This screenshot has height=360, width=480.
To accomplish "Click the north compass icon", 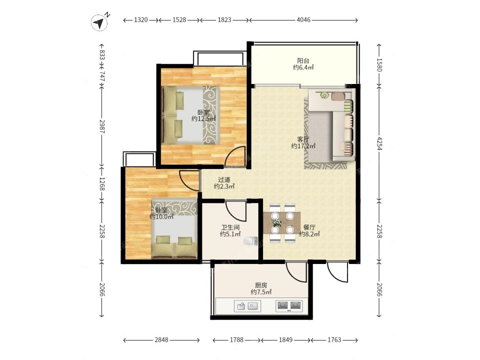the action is [99, 23].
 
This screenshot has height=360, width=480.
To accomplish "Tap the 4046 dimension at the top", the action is [303, 20].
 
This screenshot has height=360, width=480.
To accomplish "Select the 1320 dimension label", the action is [141, 20].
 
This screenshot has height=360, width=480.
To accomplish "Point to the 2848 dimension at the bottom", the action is [161, 340].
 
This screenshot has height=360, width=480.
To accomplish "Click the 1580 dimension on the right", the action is [379, 65].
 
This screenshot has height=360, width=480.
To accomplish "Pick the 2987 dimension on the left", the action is [102, 126].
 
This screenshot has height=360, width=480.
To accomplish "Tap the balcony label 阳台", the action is [303, 60].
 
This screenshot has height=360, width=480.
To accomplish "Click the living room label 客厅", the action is [303, 140].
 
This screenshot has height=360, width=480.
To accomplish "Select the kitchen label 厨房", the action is [261, 285].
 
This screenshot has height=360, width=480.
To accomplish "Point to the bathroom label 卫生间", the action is [230, 228].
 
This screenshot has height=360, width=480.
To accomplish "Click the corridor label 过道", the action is [224, 180].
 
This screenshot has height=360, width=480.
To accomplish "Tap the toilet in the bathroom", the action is [251, 241].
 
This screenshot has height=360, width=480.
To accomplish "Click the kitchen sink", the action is [248, 306].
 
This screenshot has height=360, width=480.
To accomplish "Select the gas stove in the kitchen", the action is [289, 306].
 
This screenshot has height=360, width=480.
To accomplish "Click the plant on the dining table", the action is [277, 223].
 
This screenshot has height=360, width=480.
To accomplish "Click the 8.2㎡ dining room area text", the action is [310, 234].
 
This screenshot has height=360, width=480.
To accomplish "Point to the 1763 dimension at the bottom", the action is [334, 340].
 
